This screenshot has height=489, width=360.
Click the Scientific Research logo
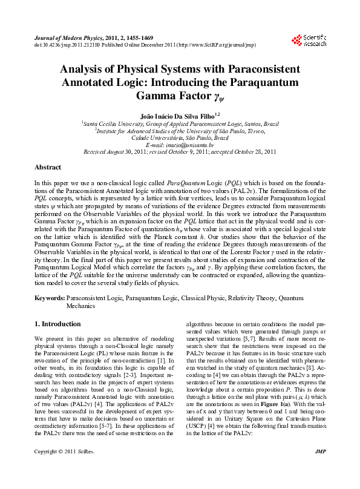(x=309, y=41)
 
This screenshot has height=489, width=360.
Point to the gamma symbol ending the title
(x=218, y=96)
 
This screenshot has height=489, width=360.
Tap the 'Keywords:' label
(x=49, y=299)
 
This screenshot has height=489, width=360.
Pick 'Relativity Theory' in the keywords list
(x=237, y=299)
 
